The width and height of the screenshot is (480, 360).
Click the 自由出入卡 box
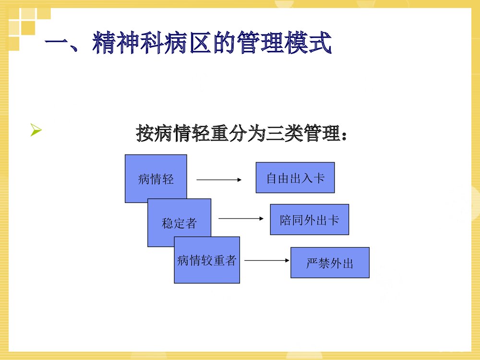tap(295, 178)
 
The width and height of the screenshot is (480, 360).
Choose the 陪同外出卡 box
tap(309, 219)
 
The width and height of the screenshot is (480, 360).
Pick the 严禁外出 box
tap(330, 263)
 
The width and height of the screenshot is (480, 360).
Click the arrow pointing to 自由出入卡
tap(219, 180)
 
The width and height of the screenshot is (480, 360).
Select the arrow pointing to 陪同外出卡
tap(241, 218)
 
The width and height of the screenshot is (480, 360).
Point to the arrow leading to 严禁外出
tap(267, 261)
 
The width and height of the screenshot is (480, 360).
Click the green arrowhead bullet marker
tap(36, 130)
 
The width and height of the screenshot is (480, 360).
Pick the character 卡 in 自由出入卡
tap(319, 178)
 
